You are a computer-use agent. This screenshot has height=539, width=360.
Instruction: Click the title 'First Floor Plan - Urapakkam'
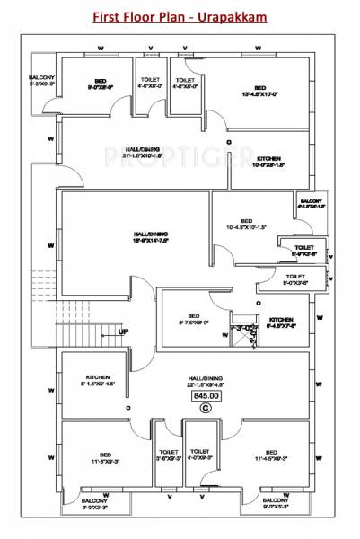click(x=180, y=16)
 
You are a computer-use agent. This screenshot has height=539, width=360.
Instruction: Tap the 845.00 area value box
click(x=206, y=394)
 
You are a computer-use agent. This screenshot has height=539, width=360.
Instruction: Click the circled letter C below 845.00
click(x=206, y=408)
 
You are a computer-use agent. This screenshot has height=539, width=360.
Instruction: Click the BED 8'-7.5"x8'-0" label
click(x=192, y=318)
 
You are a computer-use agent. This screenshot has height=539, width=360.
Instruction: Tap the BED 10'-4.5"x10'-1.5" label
click(x=246, y=224)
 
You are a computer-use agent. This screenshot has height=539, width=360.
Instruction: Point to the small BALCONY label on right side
click(x=311, y=203)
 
